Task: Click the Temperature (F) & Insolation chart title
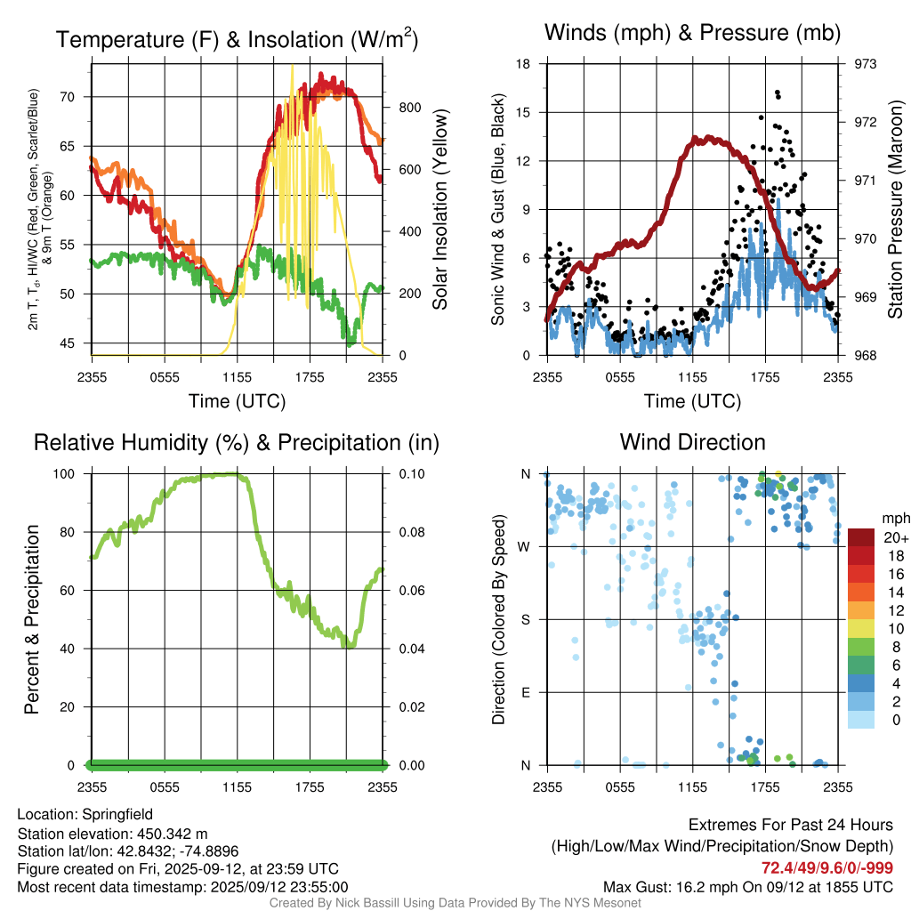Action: point(238,39)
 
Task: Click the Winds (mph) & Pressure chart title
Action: point(692,33)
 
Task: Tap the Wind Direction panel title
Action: point(692,442)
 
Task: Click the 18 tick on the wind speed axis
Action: point(523,64)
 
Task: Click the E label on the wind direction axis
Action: point(525,692)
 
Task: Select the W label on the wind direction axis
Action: point(525,546)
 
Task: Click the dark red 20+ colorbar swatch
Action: point(861,537)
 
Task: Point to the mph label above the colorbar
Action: point(894,518)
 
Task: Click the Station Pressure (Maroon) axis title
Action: point(895,210)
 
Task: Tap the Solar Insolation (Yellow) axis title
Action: point(439,210)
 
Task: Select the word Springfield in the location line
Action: point(117,814)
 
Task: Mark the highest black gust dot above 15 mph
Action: point(777,93)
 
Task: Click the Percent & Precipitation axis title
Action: point(31,619)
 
